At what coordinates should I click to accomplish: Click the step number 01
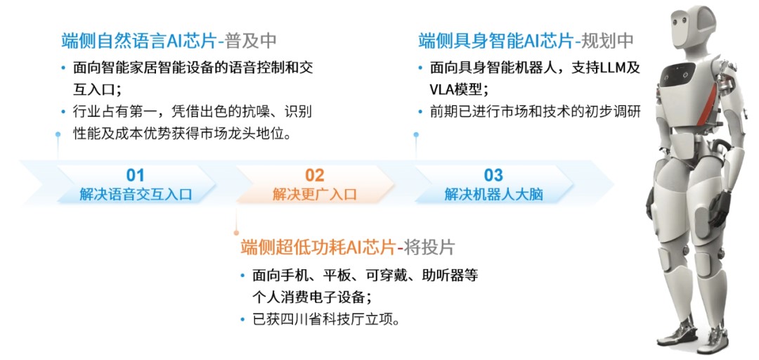136,175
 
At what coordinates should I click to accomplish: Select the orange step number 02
315,175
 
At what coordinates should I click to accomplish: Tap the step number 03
494,175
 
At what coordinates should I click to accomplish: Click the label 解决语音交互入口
136,195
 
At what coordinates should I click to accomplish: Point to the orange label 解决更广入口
315,195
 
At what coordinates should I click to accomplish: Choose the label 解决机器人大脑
494,195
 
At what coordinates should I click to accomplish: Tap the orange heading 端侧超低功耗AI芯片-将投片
348,247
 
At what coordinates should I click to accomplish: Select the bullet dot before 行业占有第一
63,112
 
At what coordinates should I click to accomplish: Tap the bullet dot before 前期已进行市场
420,112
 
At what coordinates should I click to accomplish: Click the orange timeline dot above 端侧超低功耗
237,233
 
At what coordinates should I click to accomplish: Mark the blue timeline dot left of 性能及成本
58,134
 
